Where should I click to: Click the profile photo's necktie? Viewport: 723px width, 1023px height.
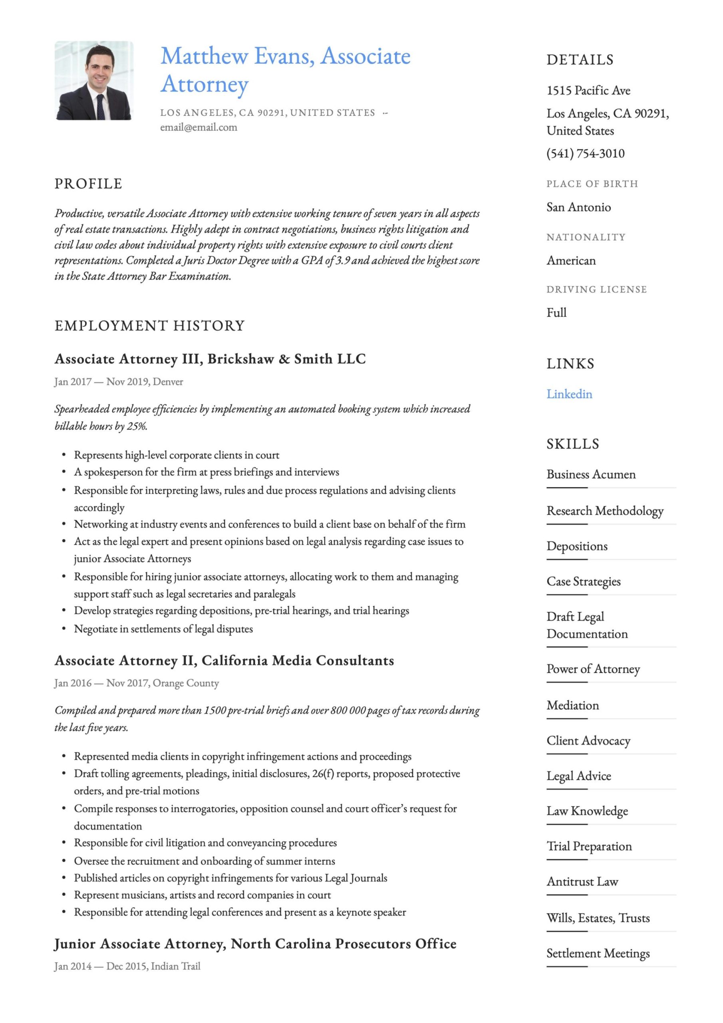(x=101, y=107)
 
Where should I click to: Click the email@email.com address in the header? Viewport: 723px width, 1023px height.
(x=199, y=127)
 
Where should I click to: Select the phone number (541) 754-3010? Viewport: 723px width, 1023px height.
(x=585, y=154)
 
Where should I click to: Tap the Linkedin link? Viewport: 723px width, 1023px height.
(x=569, y=394)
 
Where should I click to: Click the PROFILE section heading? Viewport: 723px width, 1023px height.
(x=88, y=183)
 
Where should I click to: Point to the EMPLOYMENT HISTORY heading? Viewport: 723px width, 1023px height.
(x=150, y=326)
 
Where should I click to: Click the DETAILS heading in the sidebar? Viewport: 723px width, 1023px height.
(x=580, y=60)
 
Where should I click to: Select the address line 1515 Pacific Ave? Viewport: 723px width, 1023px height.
(x=588, y=91)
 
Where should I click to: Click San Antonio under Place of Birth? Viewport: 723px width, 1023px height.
(x=579, y=207)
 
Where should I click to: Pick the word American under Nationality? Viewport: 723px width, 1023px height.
(x=571, y=261)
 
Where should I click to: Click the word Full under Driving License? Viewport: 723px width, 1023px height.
(x=556, y=313)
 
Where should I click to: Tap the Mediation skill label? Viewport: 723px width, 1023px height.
(x=573, y=705)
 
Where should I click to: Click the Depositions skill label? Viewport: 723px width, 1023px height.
(x=577, y=546)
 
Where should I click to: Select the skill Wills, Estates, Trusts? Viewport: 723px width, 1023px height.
(x=598, y=918)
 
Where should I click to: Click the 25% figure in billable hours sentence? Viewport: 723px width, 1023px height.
(x=136, y=426)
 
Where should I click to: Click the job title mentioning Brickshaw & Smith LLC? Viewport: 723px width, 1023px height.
(x=210, y=359)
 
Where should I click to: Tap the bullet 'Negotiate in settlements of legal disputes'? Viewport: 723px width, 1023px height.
(x=163, y=629)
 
